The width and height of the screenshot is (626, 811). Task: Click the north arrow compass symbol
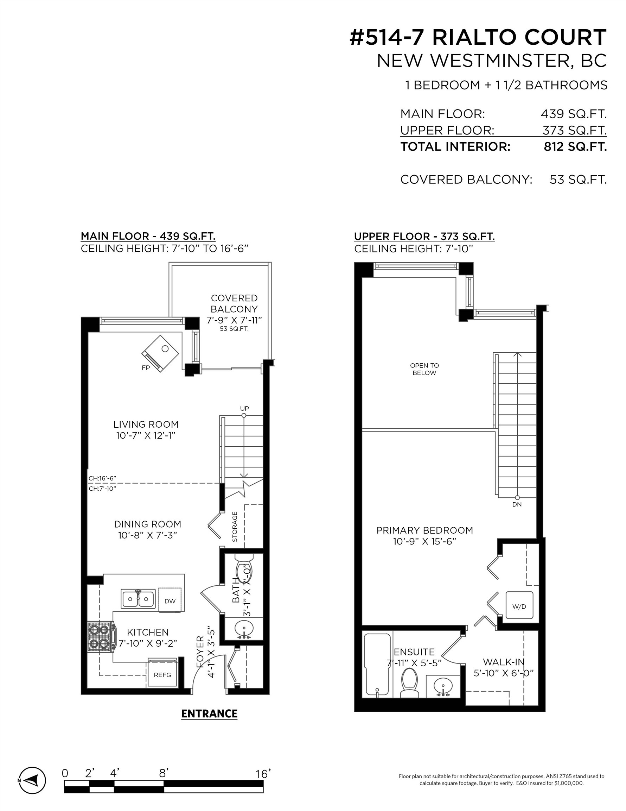[x=32, y=780]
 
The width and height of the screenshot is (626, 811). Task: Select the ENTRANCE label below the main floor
[x=209, y=714]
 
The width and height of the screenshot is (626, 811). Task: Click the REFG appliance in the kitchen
[x=162, y=675]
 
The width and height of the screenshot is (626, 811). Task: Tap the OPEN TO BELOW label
[x=424, y=369]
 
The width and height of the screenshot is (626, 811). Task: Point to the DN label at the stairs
[x=517, y=504]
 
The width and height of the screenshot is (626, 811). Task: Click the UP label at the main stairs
[x=244, y=408]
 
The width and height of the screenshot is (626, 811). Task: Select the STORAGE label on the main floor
[x=235, y=527]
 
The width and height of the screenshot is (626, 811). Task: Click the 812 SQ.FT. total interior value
[x=575, y=147]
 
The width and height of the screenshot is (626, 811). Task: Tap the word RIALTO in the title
[x=475, y=38]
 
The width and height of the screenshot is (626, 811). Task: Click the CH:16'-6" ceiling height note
[x=102, y=478]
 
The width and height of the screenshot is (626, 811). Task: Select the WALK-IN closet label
[x=503, y=662]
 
